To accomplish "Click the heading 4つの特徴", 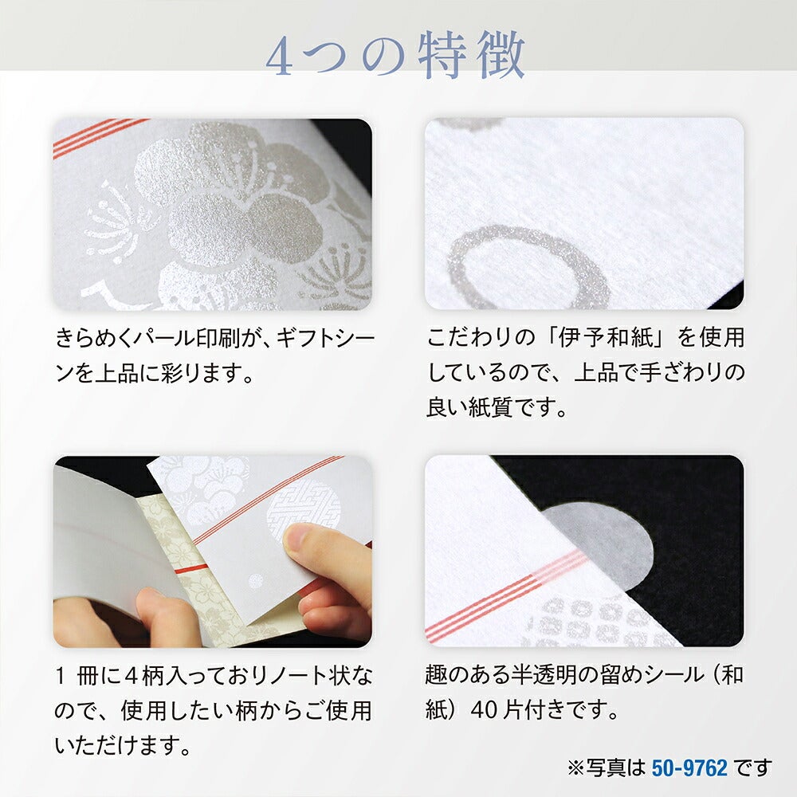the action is [x=395, y=56].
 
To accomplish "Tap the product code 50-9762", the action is [x=689, y=768].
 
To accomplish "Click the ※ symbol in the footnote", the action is [x=576, y=768].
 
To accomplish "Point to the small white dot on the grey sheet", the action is [x=255, y=580].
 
